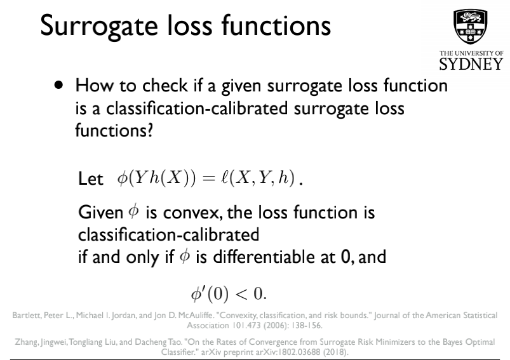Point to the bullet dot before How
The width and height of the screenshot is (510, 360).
59,85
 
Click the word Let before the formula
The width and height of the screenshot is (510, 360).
90,180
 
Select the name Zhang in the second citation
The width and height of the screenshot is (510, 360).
27,342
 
